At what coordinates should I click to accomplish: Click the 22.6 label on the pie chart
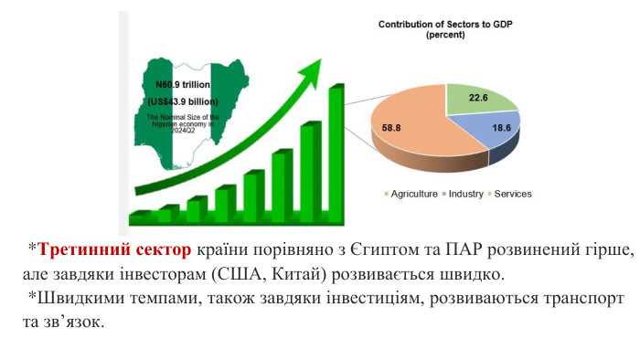(476, 98)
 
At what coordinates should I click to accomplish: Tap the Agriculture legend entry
(414, 194)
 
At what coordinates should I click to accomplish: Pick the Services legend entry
(512, 194)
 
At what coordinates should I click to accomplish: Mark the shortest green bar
(139, 217)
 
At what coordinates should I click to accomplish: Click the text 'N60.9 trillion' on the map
(184, 83)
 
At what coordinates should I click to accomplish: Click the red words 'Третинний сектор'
(115, 249)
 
